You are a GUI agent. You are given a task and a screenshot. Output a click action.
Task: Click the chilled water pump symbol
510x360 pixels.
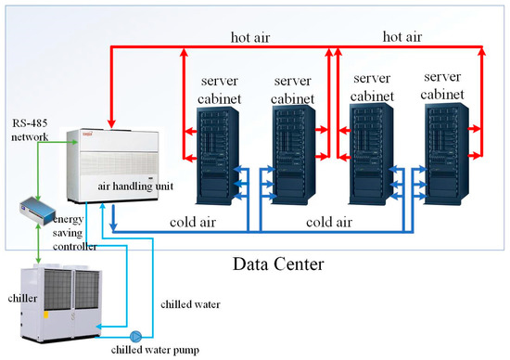click(135, 336)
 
